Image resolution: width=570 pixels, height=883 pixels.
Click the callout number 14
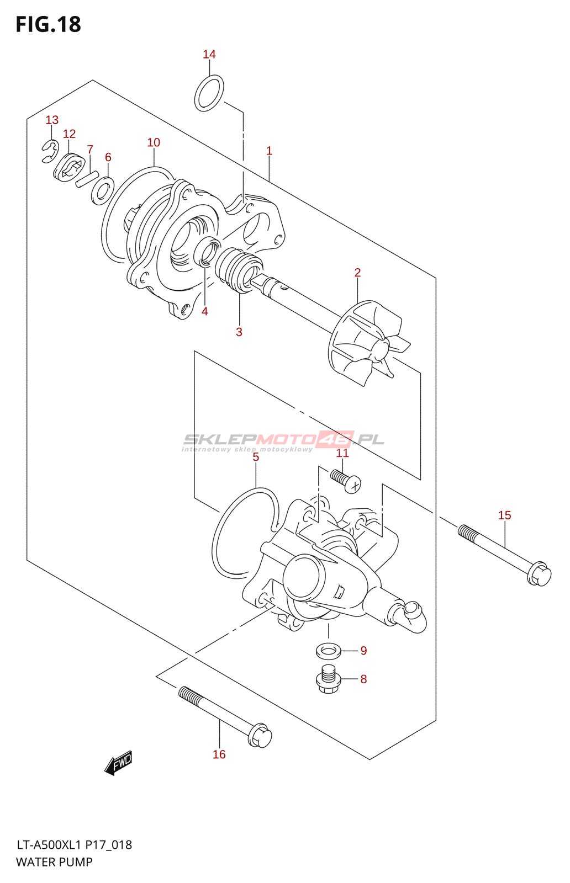coord(209,54)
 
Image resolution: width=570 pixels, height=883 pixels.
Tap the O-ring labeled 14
coord(209,93)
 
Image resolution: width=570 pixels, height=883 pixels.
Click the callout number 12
coord(69,134)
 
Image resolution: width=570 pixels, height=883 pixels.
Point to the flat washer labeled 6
coord(103,190)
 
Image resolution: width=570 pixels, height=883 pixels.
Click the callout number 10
coord(154,142)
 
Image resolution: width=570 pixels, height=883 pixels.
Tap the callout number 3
coord(239,332)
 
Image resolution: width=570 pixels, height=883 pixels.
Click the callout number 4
coord(205,311)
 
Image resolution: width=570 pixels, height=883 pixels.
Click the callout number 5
coord(256,457)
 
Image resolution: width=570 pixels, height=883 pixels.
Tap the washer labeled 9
coord(328,651)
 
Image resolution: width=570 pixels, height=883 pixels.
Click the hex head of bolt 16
coord(260,736)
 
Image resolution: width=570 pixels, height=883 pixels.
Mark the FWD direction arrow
coord(119,763)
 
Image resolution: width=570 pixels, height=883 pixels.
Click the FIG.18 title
coord(49,25)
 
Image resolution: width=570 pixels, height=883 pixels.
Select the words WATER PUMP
coord(54,862)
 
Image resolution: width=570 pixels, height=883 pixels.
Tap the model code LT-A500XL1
coord(49,845)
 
